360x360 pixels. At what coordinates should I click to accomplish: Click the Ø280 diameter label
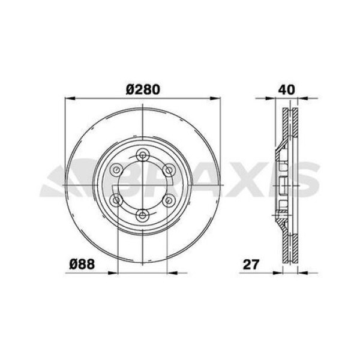[x=142, y=89]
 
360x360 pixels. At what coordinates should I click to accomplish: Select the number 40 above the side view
[x=286, y=89]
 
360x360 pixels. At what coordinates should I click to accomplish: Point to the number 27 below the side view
[x=250, y=263]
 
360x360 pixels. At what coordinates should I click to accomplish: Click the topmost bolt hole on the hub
[x=142, y=156]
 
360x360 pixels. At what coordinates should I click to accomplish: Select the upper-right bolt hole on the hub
[x=170, y=170]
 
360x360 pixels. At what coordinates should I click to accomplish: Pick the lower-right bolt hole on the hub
[x=170, y=200]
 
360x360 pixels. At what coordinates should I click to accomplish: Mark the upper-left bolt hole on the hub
[x=115, y=170]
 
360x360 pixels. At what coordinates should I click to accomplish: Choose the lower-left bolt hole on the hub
[x=115, y=200]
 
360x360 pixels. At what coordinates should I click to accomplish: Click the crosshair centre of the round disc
[x=142, y=185]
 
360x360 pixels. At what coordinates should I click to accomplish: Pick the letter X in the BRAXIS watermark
[x=240, y=181]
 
